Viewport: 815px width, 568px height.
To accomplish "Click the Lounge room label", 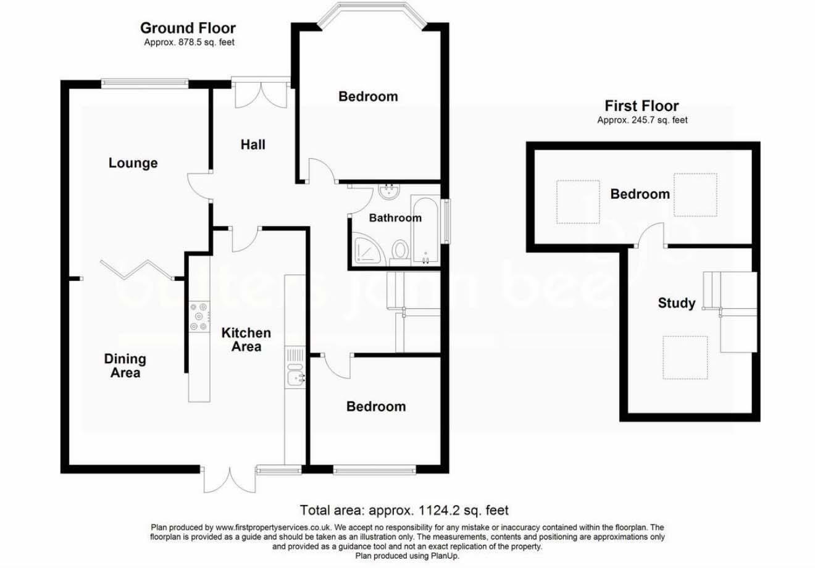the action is [133, 164].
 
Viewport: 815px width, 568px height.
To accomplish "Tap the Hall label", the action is [253, 145].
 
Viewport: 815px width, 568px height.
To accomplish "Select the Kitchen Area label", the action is [246, 340].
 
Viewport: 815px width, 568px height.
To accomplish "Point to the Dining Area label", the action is [125, 365].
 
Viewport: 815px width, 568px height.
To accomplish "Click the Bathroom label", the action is [396, 218].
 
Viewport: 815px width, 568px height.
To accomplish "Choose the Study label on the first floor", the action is [677, 303].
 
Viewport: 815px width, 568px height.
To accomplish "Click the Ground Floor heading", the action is [188, 28].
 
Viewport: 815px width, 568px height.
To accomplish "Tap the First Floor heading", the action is [642, 106].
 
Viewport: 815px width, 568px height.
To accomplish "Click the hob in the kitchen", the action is [199, 317].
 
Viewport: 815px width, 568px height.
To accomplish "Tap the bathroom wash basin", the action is [390, 191].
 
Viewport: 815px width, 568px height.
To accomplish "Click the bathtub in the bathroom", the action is [425, 230].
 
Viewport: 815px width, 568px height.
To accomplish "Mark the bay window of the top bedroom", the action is [372, 13].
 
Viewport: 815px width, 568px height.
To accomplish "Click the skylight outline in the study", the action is [685, 357].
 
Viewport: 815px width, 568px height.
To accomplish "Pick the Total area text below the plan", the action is [404, 510].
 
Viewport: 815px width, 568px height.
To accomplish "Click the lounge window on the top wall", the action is [145, 84].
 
